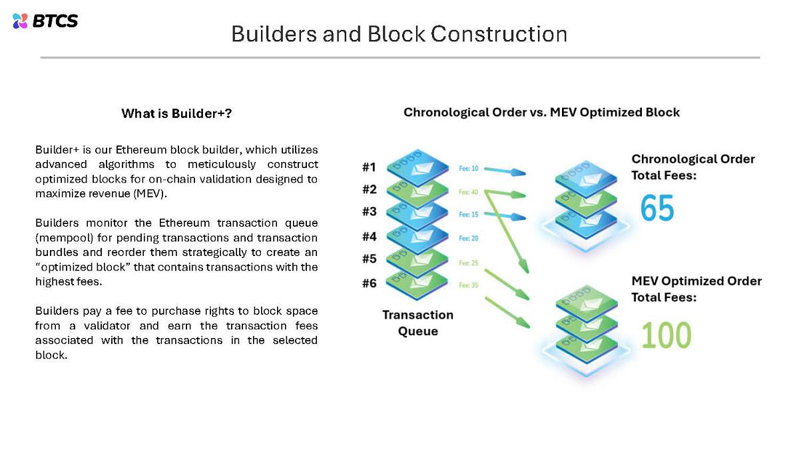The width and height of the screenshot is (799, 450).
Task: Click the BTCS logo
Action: coord(45,21)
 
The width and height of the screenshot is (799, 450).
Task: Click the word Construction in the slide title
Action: coord(499,34)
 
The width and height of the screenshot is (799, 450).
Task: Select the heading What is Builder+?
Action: coord(176,113)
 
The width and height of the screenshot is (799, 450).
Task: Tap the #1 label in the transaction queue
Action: coord(370,167)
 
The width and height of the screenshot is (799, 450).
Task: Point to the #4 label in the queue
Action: coord(370,236)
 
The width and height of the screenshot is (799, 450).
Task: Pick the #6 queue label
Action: coord(370,283)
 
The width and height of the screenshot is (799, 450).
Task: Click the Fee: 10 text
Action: coord(469,169)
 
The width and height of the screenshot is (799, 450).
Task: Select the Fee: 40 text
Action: coord(469,192)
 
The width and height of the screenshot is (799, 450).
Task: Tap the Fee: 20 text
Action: coord(469,238)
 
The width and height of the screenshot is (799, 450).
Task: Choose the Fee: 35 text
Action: coord(469,285)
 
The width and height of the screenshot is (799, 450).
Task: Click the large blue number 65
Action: coord(657,208)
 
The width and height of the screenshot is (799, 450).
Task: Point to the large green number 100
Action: coord(666,335)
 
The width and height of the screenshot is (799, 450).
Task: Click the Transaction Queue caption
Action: coord(417,323)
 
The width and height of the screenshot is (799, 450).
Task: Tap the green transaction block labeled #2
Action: coord(416,190)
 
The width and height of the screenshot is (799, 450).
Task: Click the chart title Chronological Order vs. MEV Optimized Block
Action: coord(541,112)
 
